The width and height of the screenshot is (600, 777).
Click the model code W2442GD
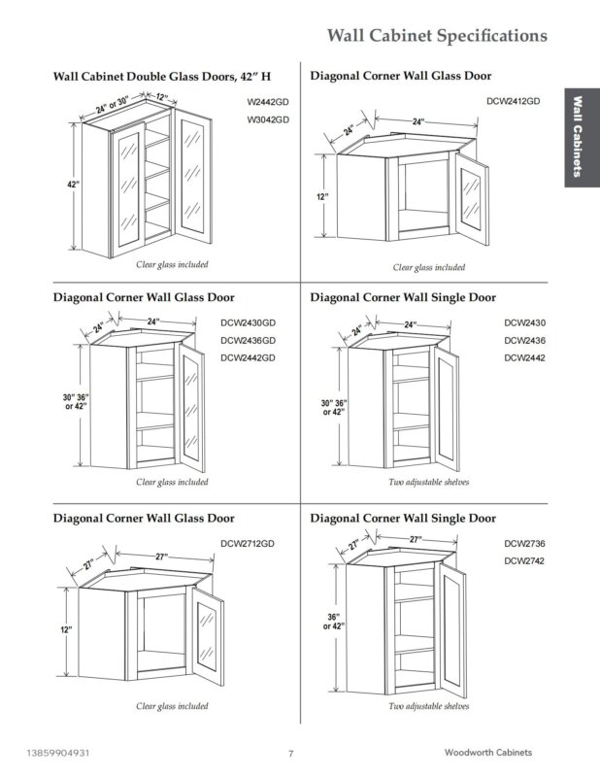268,102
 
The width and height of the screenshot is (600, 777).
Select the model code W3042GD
268,119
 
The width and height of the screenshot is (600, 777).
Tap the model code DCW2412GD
514,101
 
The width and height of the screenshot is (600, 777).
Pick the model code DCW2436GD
249,341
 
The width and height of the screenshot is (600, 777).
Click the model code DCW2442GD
249,357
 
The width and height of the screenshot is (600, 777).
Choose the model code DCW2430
524,323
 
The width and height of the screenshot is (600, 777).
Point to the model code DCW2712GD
248,544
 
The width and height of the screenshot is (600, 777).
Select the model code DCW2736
524,544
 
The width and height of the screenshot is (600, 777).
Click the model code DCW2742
524,561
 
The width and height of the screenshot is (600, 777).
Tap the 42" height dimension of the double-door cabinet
74,185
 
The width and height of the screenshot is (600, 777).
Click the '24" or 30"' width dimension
112,105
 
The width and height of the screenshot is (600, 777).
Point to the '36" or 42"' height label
333,622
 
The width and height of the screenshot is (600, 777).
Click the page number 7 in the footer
291,754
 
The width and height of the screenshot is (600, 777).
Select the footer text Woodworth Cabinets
488,752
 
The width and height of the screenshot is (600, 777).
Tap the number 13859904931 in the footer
58,753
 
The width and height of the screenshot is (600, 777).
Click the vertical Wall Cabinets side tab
578,137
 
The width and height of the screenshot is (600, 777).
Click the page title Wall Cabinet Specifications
437,36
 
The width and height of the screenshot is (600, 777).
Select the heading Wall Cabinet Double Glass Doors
144,77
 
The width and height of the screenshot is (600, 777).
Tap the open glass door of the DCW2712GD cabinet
208,636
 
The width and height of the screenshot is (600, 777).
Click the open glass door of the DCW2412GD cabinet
472,198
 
